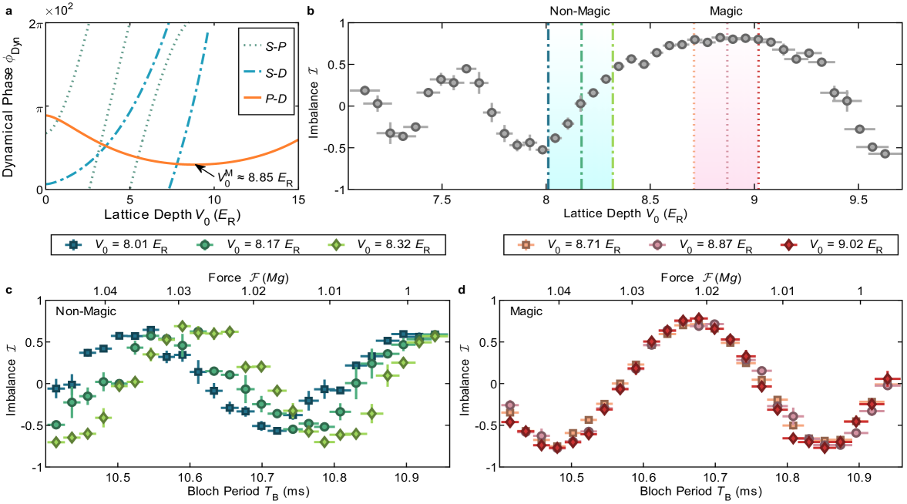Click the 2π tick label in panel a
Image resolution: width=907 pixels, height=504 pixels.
(x=35, y=24)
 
